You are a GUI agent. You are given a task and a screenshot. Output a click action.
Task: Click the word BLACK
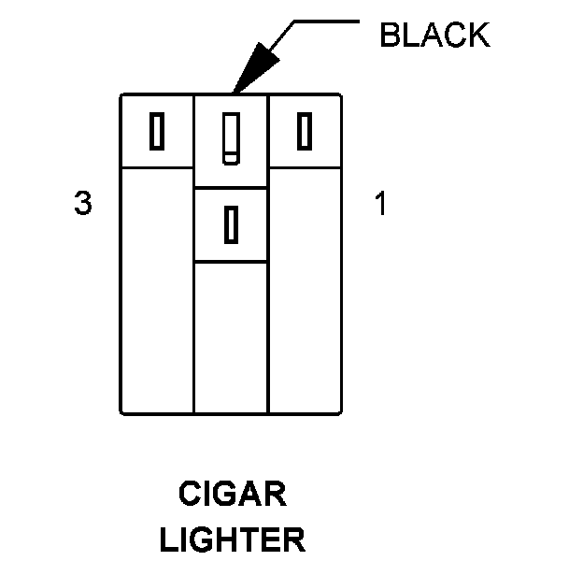[434, 36]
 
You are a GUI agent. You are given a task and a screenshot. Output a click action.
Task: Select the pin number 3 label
[83, 204]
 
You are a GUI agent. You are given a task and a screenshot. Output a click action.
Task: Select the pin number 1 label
[380, 204]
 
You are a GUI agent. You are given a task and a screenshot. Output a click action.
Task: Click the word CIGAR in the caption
[232, 493]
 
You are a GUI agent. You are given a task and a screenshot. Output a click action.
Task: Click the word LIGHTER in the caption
[232, 539]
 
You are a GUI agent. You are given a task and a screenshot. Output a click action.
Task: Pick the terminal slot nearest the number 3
[157, 131]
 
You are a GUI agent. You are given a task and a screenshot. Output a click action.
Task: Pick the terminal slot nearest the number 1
[304, 131]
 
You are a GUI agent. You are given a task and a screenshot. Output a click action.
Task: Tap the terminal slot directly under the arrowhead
[230, 138]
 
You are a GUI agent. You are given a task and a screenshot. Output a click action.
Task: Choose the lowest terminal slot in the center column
[230, 224]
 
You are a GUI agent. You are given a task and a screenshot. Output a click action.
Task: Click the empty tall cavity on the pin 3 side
[157, 290]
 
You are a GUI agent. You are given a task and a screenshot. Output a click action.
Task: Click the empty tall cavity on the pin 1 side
[305, 290]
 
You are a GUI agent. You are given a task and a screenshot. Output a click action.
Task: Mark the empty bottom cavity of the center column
[231, 337]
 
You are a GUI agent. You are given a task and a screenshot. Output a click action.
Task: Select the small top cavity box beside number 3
[157, 131]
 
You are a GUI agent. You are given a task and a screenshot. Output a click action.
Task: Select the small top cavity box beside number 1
[305, 131]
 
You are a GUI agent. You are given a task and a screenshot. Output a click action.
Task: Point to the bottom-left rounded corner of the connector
[124, 410]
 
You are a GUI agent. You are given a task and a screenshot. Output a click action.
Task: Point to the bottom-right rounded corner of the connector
[337, 410]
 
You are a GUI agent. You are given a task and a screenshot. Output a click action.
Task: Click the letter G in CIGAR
[224, 493]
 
